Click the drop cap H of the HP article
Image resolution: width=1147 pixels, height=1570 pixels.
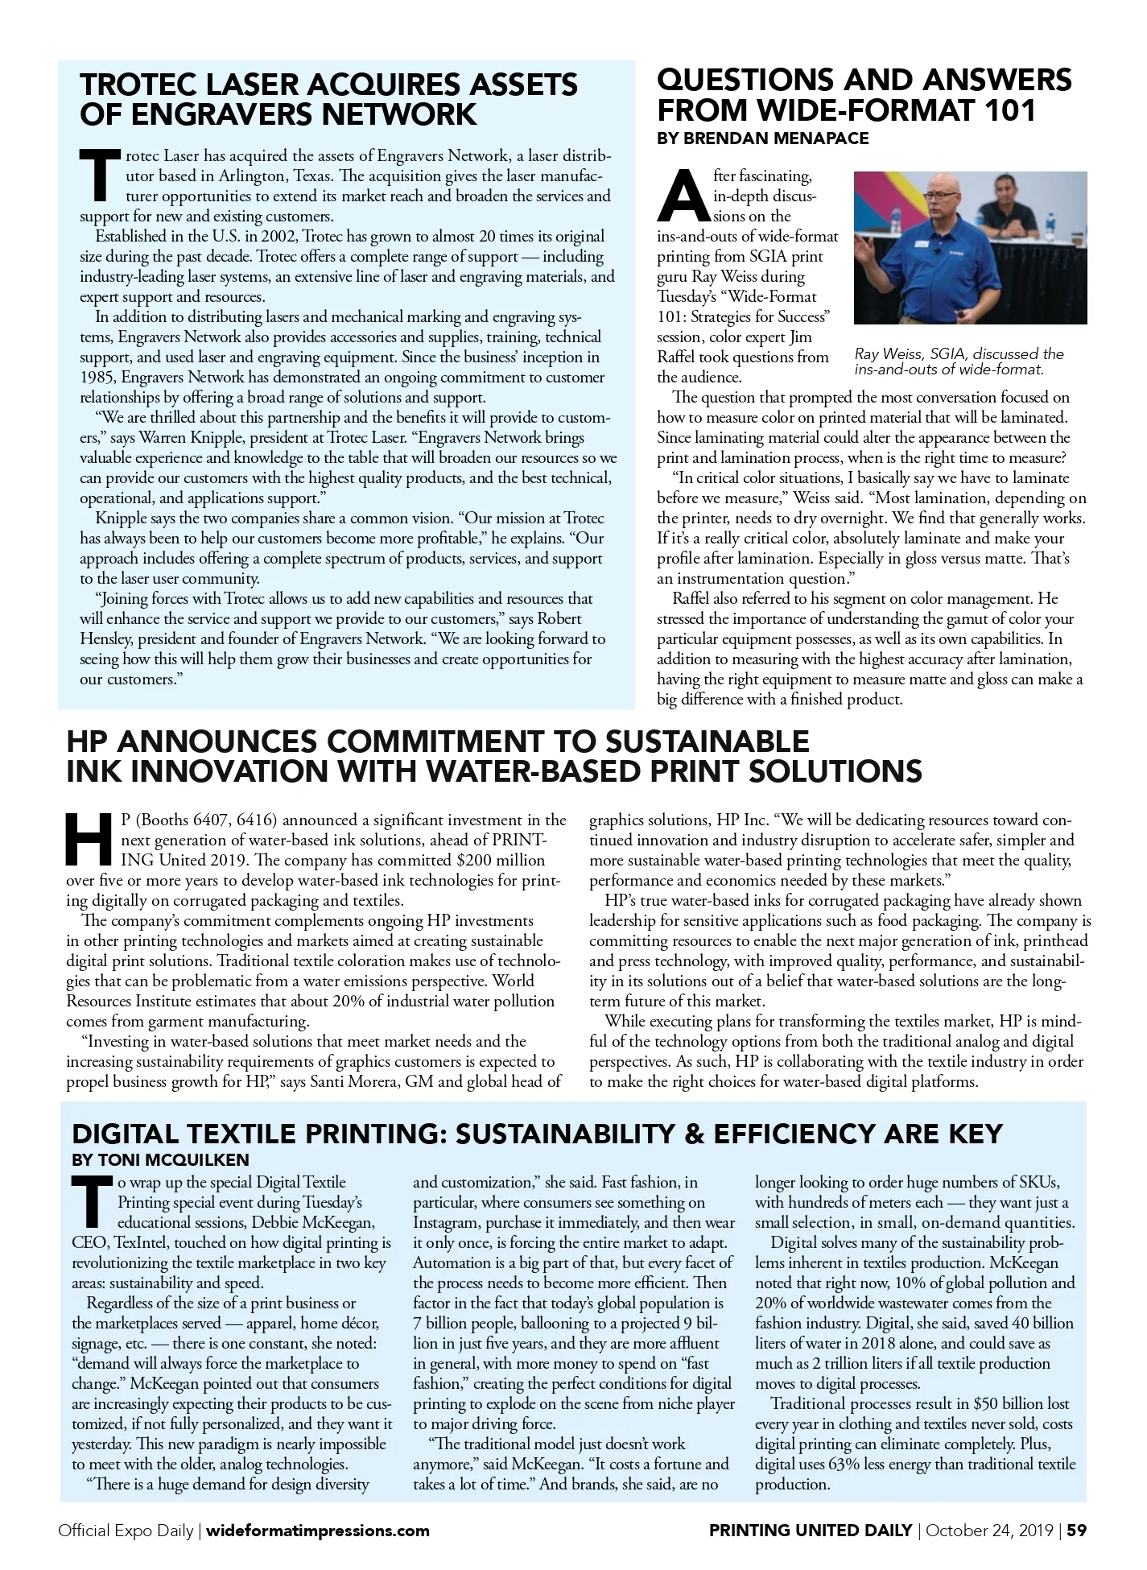(89, 840)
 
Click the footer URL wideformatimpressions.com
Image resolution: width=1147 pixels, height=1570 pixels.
(319, 1531)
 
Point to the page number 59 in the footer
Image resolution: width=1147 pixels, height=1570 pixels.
(1077, 1531)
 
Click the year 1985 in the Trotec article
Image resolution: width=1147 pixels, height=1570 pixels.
(97, 378)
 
